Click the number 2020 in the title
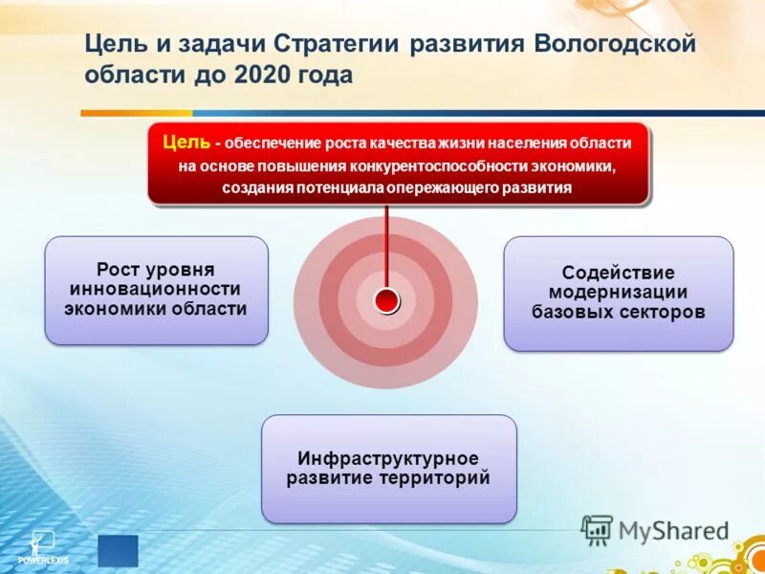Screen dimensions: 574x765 (266, 75)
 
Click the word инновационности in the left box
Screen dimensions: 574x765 (156, 289)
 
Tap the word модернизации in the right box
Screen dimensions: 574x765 (618, 292)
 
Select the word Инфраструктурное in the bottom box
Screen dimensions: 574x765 (387, 458)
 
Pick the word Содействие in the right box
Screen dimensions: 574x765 (618, 273)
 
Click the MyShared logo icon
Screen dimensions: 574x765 (598, 530)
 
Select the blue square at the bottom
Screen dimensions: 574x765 (118, 550)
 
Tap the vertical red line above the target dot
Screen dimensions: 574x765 (386, 244)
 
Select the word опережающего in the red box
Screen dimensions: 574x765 (444, 188)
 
